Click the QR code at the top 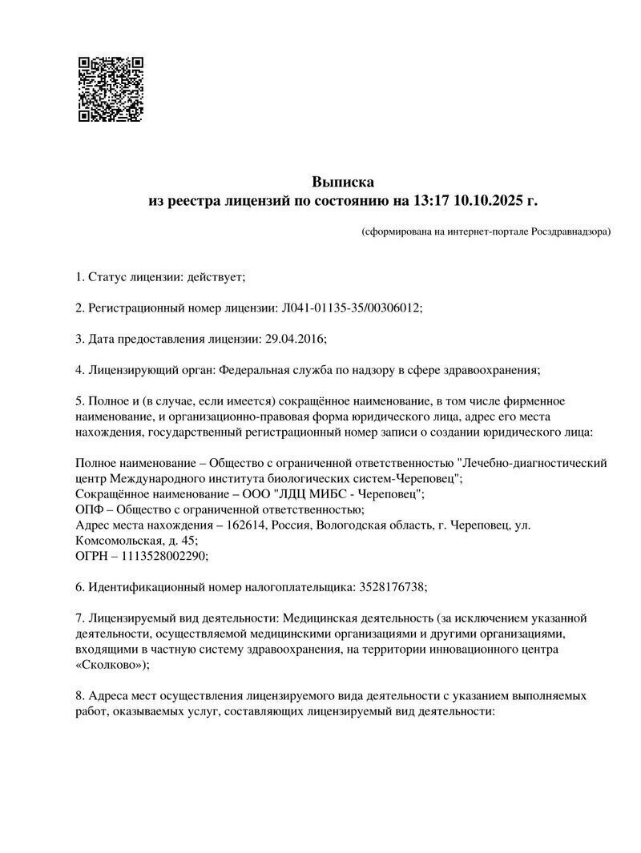pyautogui.click(x=110, y=88)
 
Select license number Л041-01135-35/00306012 pyautogui.click(x=351, y=308)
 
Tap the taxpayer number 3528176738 pyautogui.click(x=390, y=586)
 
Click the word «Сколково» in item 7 pyautogui.click(x=110, y=664)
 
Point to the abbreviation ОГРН pyautogui.click(x=91, y=555)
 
